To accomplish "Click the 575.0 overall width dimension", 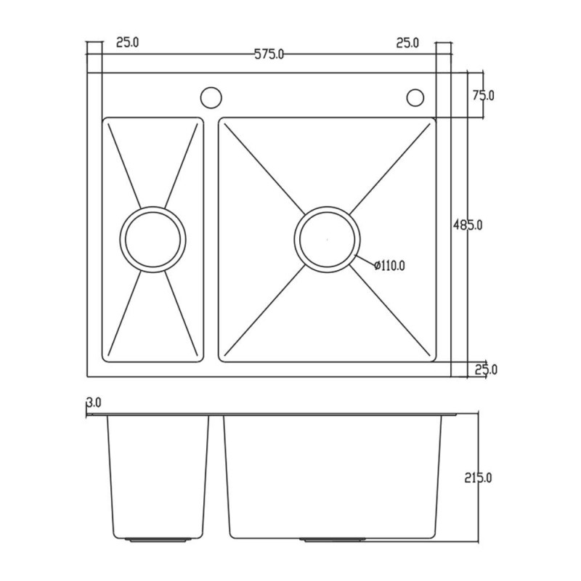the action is (x=269, y=54).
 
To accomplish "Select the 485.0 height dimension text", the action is (x=468, y=225).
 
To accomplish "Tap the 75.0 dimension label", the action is (x=484, y=96).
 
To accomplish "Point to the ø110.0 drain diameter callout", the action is (x=389, y=265).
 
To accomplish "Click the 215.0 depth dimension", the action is (x=478, y=478).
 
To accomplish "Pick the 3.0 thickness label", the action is (x=94, y=402).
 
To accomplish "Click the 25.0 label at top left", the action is (x=128, y=42).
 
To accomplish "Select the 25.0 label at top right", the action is (x=407, y=43).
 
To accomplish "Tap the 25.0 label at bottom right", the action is (x=486, y=370).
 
